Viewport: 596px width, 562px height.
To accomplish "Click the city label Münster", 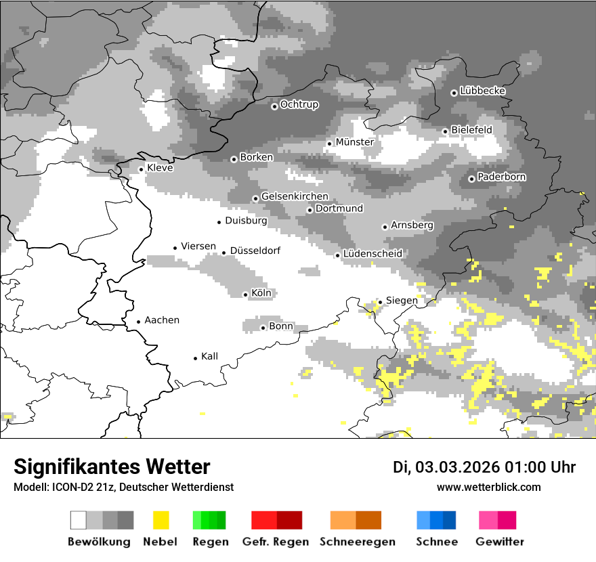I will coord(354,142).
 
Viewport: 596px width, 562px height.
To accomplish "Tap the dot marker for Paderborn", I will coord(471,179).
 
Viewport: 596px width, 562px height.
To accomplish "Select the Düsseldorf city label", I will coord(255,251).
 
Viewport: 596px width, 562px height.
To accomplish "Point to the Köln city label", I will coord(261,293).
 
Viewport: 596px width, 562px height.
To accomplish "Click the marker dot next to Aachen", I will coord(138,322).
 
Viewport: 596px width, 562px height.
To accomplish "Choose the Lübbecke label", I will coord(482,91).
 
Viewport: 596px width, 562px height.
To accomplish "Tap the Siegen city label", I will coord(402,300).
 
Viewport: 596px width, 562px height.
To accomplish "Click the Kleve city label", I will coord(160,168).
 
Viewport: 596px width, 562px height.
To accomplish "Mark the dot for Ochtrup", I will coord(274,106).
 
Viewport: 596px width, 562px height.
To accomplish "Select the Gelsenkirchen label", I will coord(295,196).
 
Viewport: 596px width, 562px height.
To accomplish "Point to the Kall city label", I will coord(209,356).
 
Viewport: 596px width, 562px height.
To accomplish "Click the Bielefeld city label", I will coord(471,129).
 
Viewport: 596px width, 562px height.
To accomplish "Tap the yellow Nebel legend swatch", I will coord(161,520).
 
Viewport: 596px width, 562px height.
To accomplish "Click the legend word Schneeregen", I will coord(357,542).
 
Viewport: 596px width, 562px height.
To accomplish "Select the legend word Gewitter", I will coord(499,542).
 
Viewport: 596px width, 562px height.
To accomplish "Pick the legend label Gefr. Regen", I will coord(276,542).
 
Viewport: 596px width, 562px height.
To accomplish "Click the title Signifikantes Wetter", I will coord(112,467).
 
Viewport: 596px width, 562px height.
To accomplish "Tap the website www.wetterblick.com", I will coord(488,487).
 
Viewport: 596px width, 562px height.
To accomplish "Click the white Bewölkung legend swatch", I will coord(79,520).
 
